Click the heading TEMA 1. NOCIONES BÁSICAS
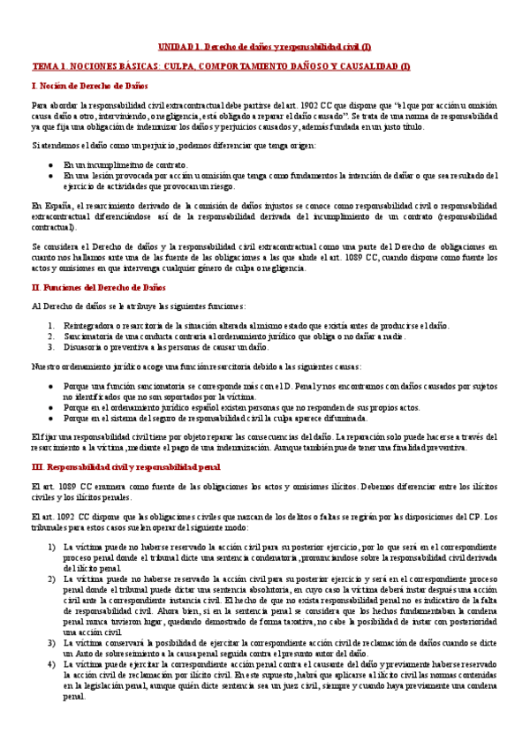(221, 66)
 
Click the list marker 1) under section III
(50, 548)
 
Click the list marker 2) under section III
(50, 579)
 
